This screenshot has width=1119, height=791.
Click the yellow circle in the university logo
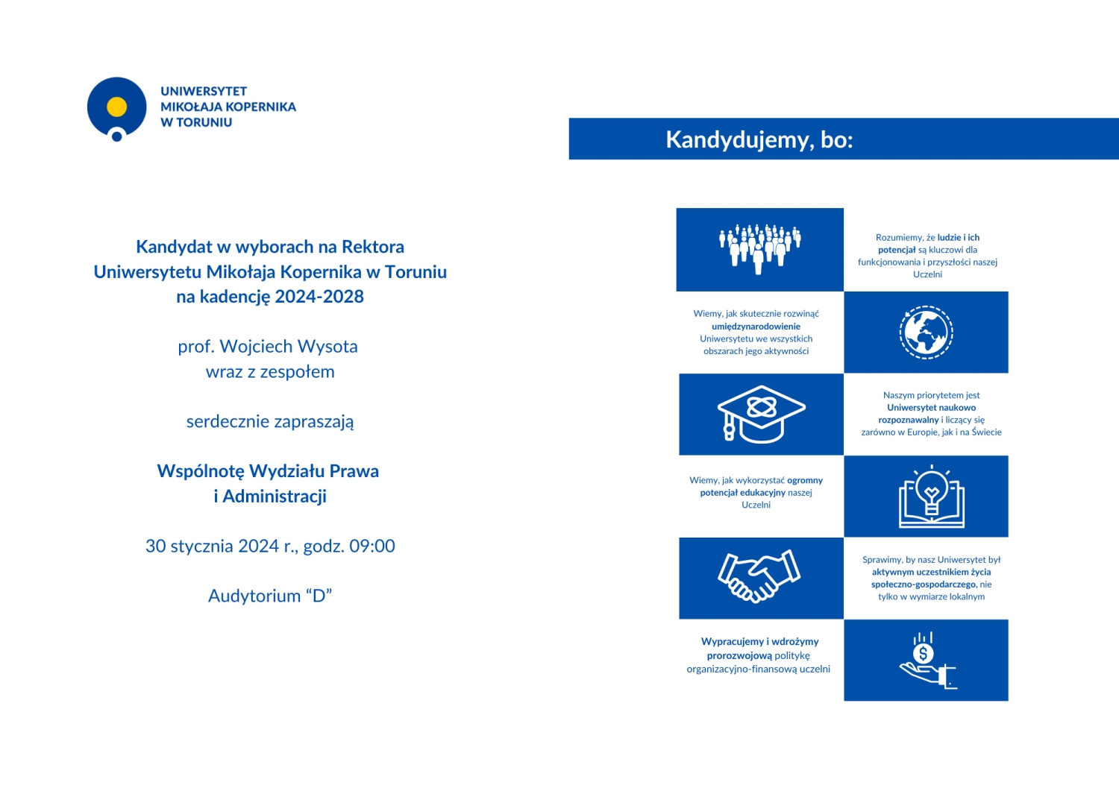[x=116, y=107]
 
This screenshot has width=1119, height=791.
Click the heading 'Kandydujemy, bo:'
[x=759, y=139]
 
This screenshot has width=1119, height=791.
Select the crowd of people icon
[x=759, y=248]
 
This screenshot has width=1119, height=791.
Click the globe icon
[x=926, y=332]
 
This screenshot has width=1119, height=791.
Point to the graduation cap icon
[x=760, y=414]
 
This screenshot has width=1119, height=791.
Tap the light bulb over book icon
[x=931, y=496]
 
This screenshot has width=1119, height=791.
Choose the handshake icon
[x=759, y=576]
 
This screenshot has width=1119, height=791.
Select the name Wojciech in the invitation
[x=255, y=347]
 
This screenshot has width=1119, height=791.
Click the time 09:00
[x=372, y=546]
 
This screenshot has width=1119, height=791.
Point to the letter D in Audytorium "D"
[x=319, y=596]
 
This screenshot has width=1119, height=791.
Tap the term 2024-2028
[x=319, y=297]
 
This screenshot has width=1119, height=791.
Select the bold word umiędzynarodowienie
[x=756, y=327]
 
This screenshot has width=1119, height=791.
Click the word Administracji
[x=275, y=497]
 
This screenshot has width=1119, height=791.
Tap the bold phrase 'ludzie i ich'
[x=958, y=238]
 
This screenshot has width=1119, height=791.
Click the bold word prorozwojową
[x=739, y=656]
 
